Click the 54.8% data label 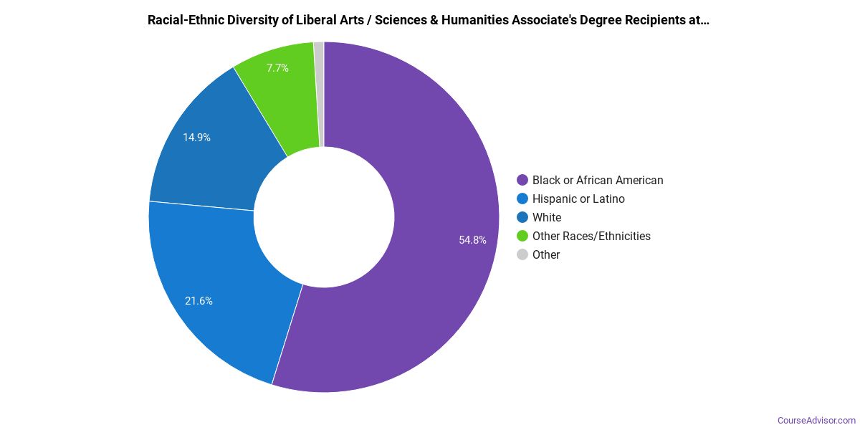(x=473, y=240)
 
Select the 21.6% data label (x=199, y=301)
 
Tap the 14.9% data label (x=196, y=138)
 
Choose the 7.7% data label (x=277, y=68)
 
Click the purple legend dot (x=522, y=181)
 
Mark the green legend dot (x=522, y=236)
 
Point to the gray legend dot (x=522, y=255)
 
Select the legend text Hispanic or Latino (x=578, y=199)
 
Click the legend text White (x=547, y=218)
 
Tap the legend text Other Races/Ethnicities (x=591, y=236)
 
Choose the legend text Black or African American (x=598, y=181)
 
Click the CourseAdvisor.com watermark (x=816, y=421)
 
